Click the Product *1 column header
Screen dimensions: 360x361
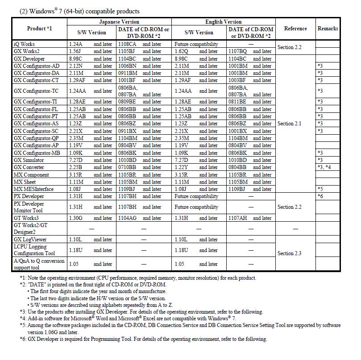tap(40, 29)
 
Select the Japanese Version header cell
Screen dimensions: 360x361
tap(119, 21)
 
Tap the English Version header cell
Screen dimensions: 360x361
tap(223, 21)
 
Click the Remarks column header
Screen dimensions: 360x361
tap(328, 29)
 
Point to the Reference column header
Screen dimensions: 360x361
tap(295, 29)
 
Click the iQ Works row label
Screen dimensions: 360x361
tap(24, 44)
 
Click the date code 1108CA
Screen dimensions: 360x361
tap(127, 44)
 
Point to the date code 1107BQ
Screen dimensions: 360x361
tap(237, 51)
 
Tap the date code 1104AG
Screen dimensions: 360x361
tap(128, 218)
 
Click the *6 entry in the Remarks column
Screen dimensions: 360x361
tap(320, 196)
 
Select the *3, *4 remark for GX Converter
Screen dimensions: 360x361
tap(324, 167)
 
